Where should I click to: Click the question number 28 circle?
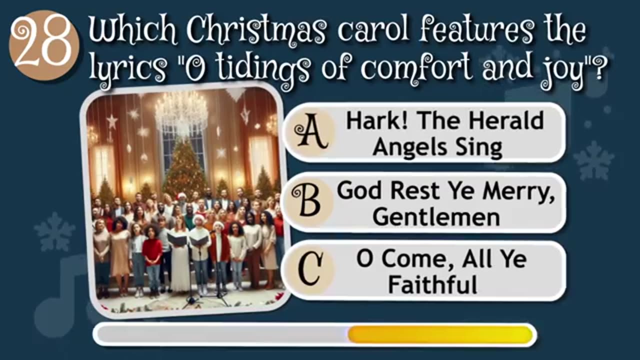tap(43, 45)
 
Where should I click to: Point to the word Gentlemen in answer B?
tap(436, 216)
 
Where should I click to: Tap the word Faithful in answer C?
tap(432, 285)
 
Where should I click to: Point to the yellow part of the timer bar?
tap(440, 334)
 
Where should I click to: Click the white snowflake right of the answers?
tap(593, 160)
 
